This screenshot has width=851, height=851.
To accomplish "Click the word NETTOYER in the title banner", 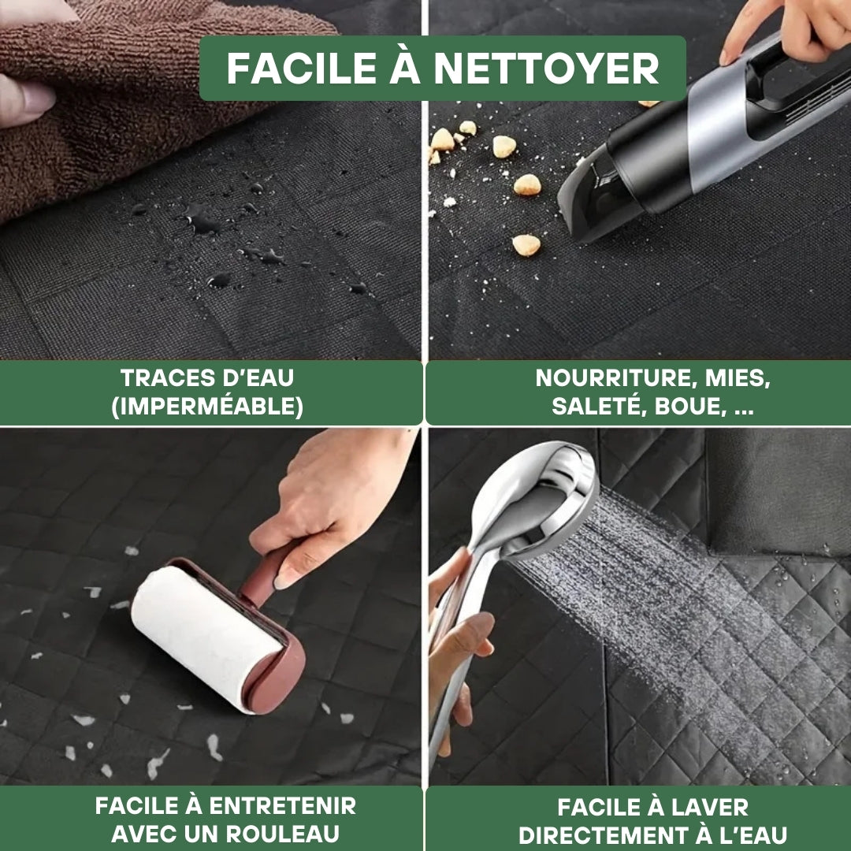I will pyautogui.click(x=547, y=69).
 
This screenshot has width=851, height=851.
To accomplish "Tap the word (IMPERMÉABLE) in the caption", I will pyautogui.click(x=207, y=406).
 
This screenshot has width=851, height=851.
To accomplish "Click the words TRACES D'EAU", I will pyautogui.click(x=207, y=378).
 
